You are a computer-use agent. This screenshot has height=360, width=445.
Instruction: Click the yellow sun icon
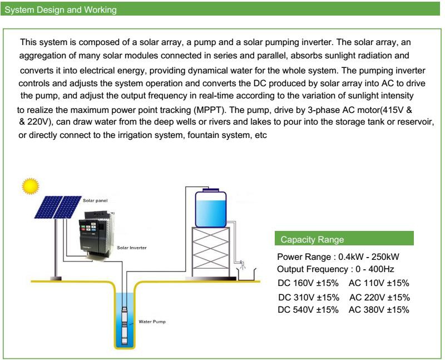[x=31, y=186]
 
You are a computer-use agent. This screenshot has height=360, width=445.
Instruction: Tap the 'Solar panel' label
[x=95, y=201]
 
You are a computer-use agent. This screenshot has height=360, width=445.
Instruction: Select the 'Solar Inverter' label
[x=132, y=248]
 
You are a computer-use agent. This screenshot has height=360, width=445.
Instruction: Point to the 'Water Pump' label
[x=152, y=322]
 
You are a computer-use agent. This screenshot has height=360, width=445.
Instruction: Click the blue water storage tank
[x=211, y=209]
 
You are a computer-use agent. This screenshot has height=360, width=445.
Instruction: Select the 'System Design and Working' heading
[x=61, y=10]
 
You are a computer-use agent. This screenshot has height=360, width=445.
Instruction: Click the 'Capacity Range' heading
[x=312, y=240]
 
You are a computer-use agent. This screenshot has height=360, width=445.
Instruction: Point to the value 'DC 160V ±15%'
[x=308, y=283]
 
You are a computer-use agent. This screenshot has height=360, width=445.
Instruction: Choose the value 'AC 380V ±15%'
[x=379, y=309]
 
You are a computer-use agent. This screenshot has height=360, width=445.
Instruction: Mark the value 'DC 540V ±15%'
[x=308, y=309]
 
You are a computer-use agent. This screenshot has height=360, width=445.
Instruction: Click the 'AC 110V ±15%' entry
[x=379, y=283]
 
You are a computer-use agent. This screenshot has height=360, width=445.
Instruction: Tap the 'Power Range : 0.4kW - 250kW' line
[x=338, y=257]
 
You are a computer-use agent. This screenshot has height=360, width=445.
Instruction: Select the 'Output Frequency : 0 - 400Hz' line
[x=335, y=269]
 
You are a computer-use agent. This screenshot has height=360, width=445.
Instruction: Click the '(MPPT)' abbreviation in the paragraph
[x=209, y=110]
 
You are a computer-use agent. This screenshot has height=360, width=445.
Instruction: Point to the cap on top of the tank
[x=211, y=189]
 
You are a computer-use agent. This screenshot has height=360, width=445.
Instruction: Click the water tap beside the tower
[x=241, y=264]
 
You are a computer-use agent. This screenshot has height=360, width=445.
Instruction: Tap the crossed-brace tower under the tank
[x=211, y=252]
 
